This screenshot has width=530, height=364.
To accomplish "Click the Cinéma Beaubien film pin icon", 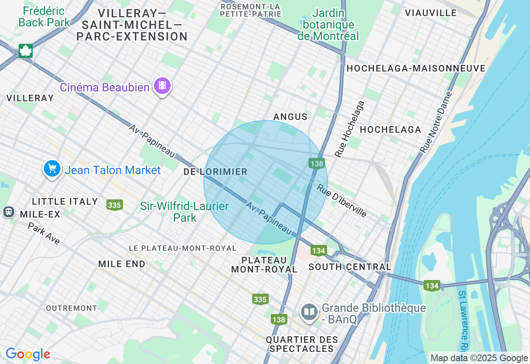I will [x=162, y=86].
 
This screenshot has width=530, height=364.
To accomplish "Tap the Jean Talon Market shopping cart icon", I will [x=52, y=169].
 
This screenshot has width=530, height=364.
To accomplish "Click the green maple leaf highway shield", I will [x=25, y=51].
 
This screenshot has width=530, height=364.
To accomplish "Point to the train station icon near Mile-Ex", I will [x=8, y=212].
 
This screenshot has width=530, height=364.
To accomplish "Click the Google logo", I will [x=28, y=354].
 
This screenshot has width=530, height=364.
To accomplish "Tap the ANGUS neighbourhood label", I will [x=290, y=117].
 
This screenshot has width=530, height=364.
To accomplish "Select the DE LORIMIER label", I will [x=215, y=172].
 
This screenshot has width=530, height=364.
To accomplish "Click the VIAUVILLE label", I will [x=431, y=13].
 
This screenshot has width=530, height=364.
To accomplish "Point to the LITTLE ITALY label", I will [x=65, y=202].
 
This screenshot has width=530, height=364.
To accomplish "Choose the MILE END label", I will [x=122, y=264].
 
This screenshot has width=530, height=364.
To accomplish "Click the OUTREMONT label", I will [x=72, y=308].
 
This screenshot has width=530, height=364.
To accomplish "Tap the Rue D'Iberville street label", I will [x=342, y=200].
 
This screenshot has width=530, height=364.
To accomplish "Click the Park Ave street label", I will [x=44, y=233].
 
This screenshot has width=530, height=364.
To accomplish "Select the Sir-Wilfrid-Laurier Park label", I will [x=184, y=211].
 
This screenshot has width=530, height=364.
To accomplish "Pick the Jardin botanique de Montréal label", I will [x=328, y=24].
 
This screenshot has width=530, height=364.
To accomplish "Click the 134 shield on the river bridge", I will [x=432, y=285].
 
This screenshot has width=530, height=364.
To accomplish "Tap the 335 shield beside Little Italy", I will [x=114, y=205].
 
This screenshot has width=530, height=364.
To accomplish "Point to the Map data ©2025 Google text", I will [x=479, y=358].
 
